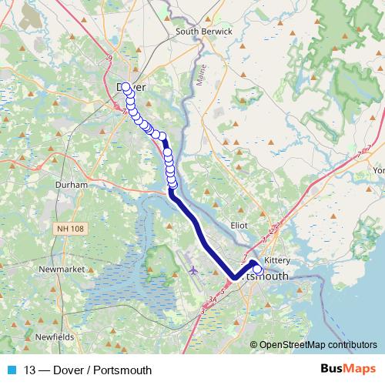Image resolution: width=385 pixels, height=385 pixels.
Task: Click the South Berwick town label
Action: [204, 32]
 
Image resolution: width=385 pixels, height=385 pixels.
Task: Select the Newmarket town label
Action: [60, 269]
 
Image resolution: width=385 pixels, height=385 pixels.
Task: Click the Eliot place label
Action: [240, 225]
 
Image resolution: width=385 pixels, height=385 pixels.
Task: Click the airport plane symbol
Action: [192, 270]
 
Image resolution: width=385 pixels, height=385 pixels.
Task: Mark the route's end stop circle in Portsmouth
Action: [257, 269]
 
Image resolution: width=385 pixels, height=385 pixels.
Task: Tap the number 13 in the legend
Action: [30, 370]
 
